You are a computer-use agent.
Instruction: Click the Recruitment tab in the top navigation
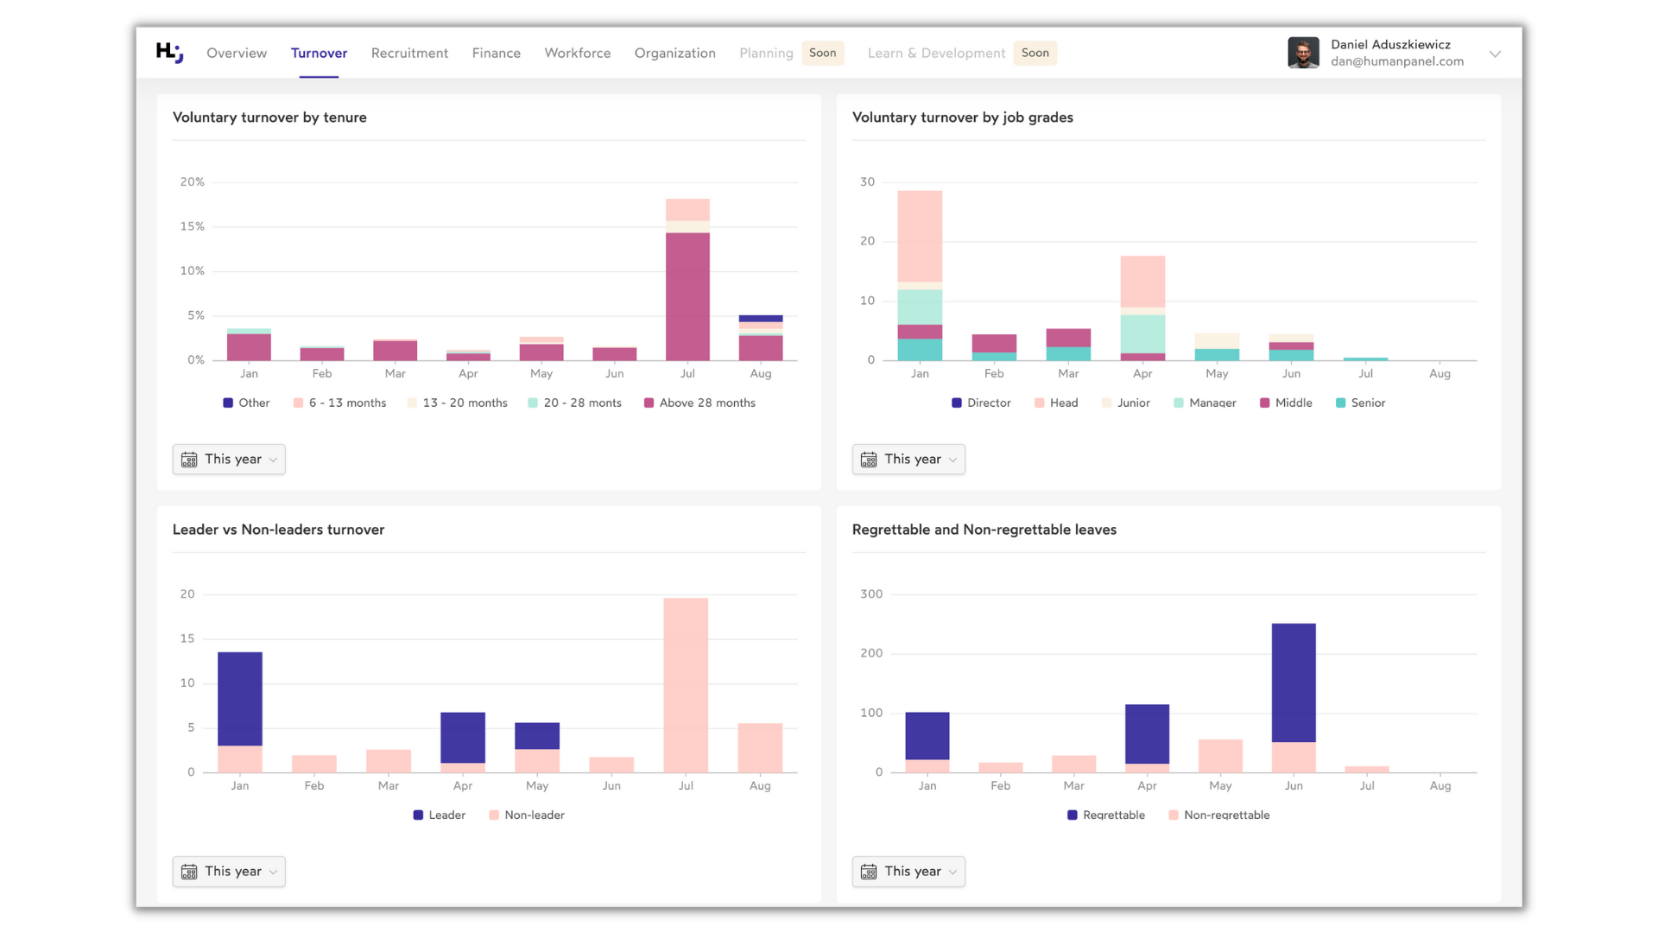(409, 53)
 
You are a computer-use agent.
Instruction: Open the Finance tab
(496, 53)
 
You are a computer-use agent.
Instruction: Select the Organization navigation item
(674, 53)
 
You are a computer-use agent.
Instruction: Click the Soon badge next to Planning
(822, 53)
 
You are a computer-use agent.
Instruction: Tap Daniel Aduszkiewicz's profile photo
(1302, 53)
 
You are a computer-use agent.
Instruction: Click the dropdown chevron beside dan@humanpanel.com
(1495, 54)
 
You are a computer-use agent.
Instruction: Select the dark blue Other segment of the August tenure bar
(761, 319)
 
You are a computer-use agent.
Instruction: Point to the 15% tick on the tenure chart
(192, 226)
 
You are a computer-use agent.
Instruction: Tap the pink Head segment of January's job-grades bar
(920, 235)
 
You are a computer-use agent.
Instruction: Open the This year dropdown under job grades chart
(908, 460)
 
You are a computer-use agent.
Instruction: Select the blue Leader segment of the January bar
(240, 698)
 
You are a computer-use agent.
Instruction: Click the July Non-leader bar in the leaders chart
(686, 684)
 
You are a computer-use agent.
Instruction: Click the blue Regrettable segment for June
(1294, 682)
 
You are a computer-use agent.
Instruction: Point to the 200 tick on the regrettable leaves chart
(870, 653)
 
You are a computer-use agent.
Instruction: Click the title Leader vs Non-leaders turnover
(278, 530)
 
